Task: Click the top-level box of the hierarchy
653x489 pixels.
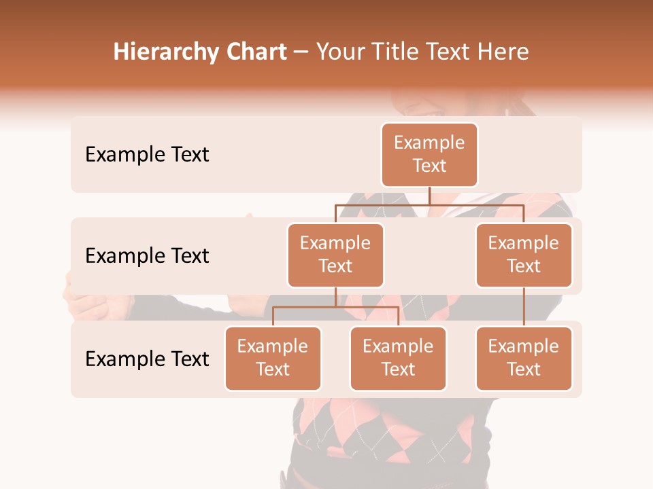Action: (x=429, y=155)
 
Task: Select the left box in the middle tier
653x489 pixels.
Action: (x=335, y=255)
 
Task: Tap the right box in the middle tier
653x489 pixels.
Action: (x=524, y=255)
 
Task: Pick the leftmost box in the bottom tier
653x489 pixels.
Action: (x=273, y=359)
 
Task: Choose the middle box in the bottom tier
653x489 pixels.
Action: (x=398, y=359)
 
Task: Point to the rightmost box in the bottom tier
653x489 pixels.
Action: (x=524, y=359)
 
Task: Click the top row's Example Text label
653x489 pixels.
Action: (x=147, y=155)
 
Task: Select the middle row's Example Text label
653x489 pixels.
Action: (x=147, y=256)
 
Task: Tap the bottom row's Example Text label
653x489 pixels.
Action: (x=147, y=359)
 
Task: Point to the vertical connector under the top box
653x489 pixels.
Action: (x=429, y=196)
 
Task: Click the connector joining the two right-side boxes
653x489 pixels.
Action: (x=524, y=307)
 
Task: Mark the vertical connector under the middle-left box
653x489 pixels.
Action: (x=335, y=297)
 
